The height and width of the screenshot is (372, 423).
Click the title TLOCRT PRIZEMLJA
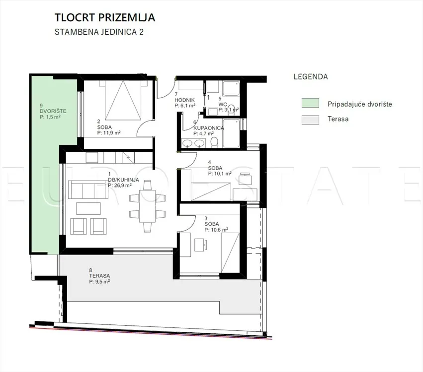105,17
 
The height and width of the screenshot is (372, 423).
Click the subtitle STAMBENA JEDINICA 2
99,32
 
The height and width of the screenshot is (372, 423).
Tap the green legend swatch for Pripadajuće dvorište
310,103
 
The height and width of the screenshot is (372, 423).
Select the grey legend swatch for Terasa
310,120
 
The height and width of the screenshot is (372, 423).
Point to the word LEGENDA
311,77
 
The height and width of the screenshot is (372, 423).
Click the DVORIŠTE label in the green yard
53,111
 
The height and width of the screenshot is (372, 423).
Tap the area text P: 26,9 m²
119,186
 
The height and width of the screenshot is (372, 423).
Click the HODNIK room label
184,100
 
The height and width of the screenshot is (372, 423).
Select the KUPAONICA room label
209,128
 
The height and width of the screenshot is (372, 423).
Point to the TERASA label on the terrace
99,276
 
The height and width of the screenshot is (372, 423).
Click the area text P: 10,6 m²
216,230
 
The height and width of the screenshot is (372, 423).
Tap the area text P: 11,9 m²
109,133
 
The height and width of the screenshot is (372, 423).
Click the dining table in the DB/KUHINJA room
147,206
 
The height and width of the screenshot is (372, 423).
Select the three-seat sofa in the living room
88,190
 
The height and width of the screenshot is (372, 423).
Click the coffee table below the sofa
88,209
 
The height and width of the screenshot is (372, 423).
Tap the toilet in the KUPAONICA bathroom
214,142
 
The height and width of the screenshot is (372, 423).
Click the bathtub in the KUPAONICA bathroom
231,133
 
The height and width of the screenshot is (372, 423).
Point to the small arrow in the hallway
208,97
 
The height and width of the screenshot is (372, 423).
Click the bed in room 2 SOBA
123,100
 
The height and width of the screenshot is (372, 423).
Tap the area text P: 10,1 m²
220,174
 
